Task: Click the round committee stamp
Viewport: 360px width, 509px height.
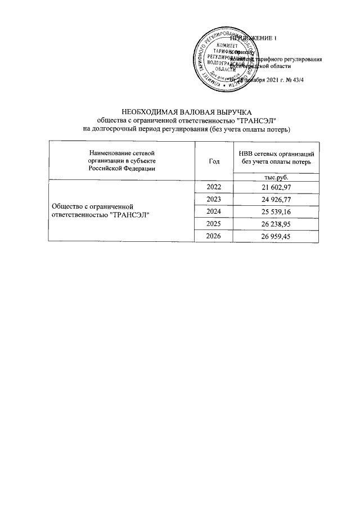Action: pos(224,60)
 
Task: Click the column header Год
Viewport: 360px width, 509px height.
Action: pos(214,161)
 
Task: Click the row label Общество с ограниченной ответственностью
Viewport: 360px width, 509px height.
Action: pos(103,211)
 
